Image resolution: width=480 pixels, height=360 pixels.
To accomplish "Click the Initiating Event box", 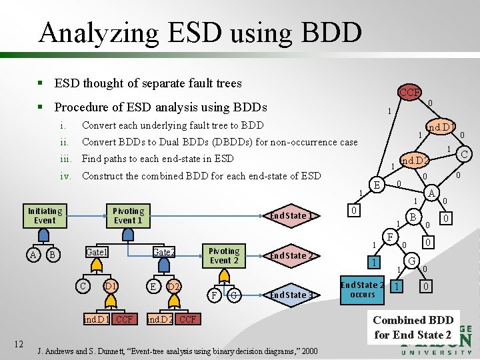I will coord(45,215).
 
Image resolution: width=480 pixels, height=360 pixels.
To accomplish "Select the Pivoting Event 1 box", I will coord(129,215).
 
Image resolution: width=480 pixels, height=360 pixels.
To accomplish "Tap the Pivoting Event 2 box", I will coord(224,255).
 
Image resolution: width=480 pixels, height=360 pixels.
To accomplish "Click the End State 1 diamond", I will coord(291,215).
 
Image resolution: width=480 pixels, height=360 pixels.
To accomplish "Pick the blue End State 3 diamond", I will coord(291,295).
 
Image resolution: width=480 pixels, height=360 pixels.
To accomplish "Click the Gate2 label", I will coord(163,252).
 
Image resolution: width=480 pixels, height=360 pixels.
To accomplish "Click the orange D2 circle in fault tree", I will coord(174,286).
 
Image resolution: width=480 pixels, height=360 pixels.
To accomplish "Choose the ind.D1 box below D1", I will coord(97,319).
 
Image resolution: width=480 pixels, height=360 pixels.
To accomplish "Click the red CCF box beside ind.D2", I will coord(187,319).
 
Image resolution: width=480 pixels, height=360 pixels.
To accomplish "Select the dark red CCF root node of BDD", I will coord(409,92).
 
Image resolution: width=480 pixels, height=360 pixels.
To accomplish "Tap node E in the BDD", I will coord(377,185).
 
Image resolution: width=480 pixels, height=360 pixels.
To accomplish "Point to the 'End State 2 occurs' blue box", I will coord(362,289).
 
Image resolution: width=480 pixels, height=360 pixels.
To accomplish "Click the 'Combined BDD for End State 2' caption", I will coord(413,327).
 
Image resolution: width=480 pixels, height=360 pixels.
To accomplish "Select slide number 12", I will coord(20,344).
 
